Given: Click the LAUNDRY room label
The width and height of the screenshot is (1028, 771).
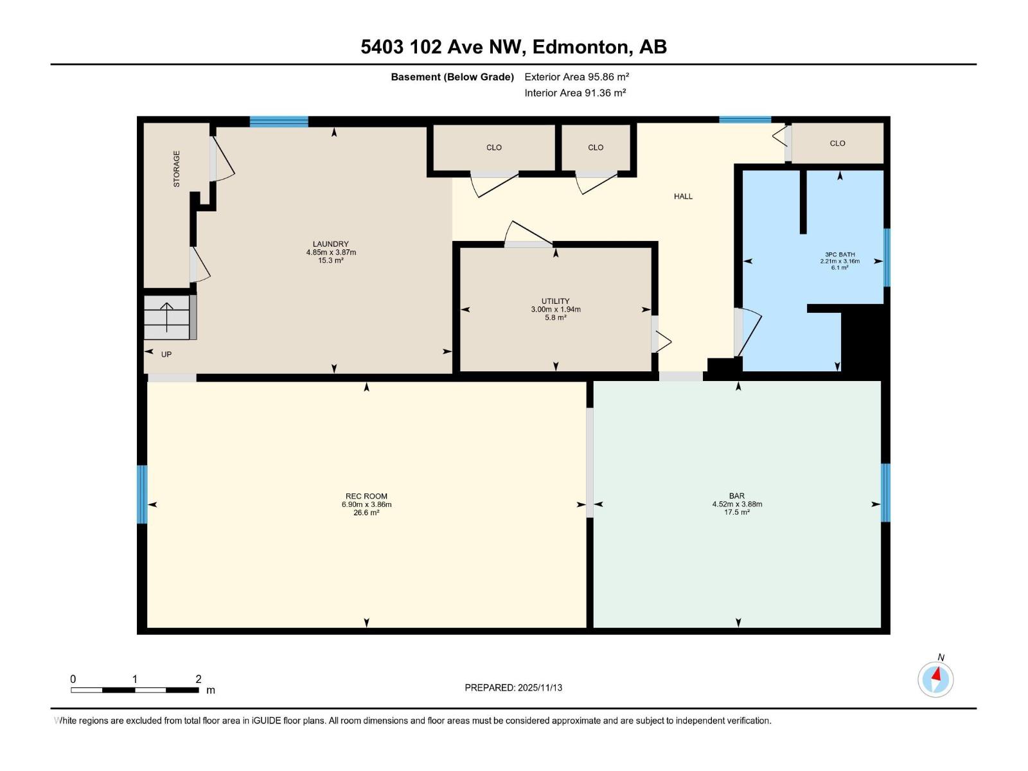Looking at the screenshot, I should coord(330,244).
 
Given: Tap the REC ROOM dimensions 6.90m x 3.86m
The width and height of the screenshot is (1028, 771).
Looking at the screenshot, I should coord(366,504).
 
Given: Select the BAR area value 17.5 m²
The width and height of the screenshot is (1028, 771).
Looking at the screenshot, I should coord(737,513).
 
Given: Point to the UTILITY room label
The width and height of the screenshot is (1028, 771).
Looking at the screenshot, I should coord(555,301).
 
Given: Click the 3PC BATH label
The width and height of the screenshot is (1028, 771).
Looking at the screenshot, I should coord(840,254).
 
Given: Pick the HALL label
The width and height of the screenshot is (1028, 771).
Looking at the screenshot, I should coord(683,197).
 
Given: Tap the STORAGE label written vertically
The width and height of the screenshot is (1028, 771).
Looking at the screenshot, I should coord(176,169).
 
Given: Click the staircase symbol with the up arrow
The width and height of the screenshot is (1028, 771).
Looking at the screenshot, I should coord(167,317).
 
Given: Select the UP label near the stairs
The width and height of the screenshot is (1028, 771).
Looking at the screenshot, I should coord(166,355).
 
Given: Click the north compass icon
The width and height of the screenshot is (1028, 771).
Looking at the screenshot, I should coord(935,679).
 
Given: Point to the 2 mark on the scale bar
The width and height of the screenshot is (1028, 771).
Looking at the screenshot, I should coord(199,679).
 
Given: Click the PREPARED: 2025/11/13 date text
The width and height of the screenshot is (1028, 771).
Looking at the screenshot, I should coord(513,687).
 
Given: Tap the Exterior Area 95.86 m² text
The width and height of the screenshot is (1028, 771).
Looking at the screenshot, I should coord(576,76).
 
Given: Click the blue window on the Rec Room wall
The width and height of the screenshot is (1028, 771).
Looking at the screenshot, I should coord(142,494).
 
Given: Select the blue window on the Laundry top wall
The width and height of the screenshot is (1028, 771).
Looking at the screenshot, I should coord(279,121).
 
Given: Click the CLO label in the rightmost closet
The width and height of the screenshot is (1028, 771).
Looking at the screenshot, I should coord(837,143).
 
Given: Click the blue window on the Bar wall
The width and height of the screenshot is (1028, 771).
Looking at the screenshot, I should coord(885,493).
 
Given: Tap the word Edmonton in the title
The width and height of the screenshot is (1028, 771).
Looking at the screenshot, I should coord(580,47).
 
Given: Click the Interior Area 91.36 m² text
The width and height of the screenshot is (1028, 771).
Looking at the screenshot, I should coord(575,93).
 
